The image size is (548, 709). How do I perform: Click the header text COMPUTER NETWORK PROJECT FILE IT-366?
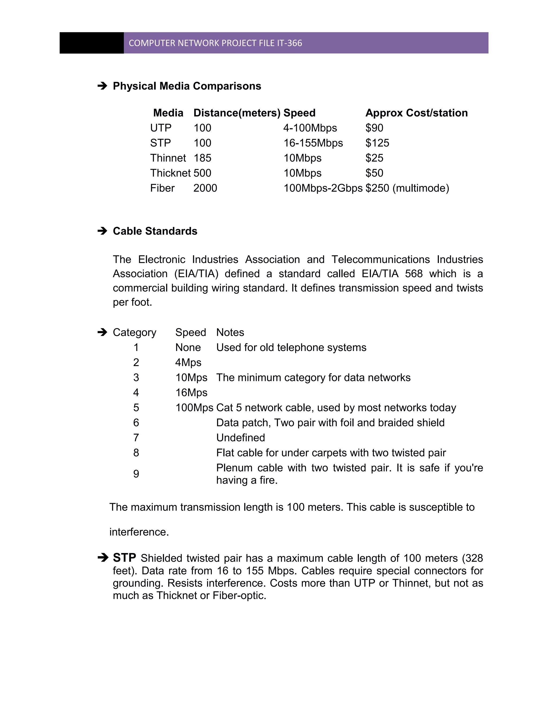tap(215, 43)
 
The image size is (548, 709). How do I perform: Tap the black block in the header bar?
tap(92, 43)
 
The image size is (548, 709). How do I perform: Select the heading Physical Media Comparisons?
tap(187, 86)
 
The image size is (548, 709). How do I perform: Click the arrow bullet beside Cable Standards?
tap(102, 231)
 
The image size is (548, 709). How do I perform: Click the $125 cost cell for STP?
tap(377, 143)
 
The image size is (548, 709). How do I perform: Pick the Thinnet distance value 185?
tap(202, 158)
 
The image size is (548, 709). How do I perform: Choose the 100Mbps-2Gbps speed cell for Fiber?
tap(323, 188)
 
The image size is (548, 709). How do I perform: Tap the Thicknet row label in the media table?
tap(170, 173)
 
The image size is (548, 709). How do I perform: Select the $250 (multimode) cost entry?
tap(407, 188)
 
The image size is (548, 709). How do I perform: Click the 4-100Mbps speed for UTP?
tap(310, 128)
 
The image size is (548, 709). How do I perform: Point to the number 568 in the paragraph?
tap(414, 274)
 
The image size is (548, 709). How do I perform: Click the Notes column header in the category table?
tap(230, 332)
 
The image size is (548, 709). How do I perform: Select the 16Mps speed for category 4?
tap(191, 393)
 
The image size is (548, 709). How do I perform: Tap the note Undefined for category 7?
tap(241, 438)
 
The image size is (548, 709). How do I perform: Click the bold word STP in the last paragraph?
tap(124, 558)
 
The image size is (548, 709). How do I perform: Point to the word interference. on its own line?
tap(139, 532)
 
